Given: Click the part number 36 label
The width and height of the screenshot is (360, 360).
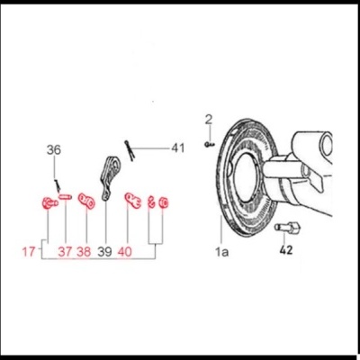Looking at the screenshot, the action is (x=54, y=149).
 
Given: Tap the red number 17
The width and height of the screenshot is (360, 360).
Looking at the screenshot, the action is (x=29, y=251).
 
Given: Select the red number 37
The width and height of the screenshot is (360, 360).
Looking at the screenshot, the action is (x=65, y=251).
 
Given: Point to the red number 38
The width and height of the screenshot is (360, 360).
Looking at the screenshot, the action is (x=84, y=251).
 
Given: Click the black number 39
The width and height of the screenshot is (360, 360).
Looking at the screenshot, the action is (x=104, y=251).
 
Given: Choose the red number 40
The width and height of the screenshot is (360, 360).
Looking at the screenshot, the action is (x=125, y=251).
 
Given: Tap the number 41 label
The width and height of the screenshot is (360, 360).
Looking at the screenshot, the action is (x=178, y=148).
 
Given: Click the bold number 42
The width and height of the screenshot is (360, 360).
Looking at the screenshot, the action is (x=286, y=249).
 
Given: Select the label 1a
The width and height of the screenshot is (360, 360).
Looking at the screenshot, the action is (x=221, y=252).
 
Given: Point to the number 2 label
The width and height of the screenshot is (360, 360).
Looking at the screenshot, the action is (x=209, y=120).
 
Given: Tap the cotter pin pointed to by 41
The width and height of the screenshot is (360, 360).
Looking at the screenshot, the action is (x=130, y=150).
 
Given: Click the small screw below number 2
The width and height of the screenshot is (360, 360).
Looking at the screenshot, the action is (x=210, y=145).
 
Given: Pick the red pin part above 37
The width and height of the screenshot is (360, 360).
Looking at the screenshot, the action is (x=65, y=197).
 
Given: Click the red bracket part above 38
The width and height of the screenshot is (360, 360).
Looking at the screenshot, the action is (x=86, y=201).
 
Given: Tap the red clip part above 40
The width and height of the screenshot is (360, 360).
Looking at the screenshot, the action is (x=133, y=201).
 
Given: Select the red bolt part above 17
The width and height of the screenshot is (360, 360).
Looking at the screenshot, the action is (x=49, y=203).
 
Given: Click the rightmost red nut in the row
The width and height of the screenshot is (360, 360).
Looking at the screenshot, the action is (x=163, y=202).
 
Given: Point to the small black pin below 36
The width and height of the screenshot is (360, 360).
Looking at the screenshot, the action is (x=57, y=185).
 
